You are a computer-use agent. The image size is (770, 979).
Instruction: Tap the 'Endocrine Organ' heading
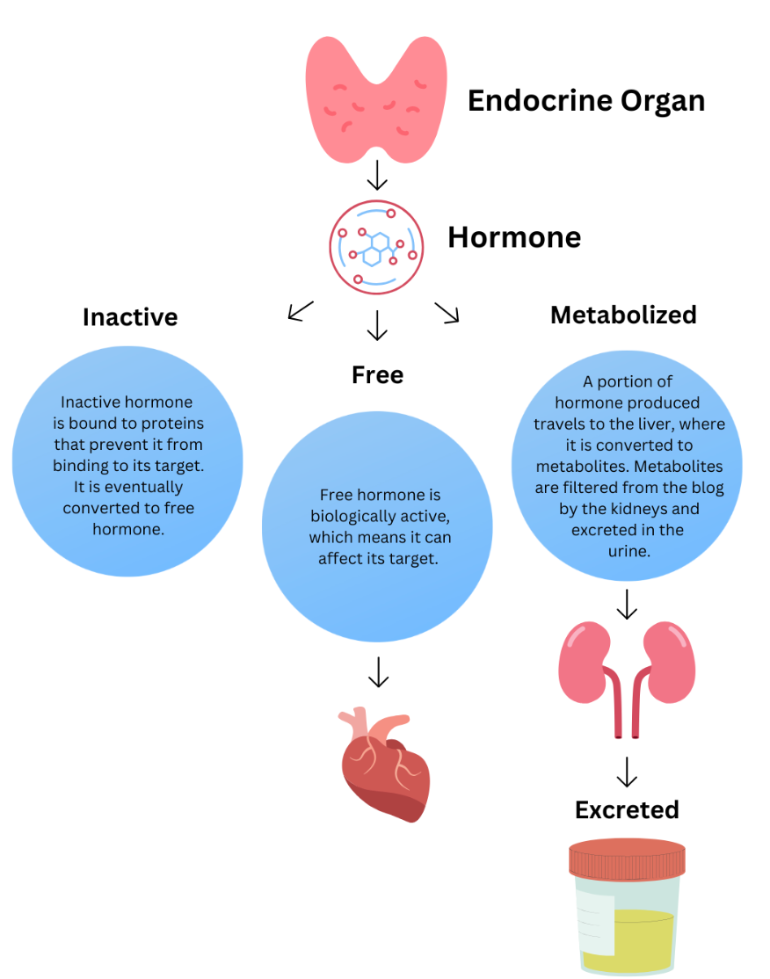(x=585, y=100)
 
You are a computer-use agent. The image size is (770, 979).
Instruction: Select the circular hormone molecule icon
(x=376, y=247)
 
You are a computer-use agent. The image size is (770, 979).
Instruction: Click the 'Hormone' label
(x=514, y=237)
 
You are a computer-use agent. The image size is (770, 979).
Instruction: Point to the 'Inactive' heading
(x=130, y=316)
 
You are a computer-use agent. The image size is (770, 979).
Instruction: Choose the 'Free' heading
(x=377, y=374)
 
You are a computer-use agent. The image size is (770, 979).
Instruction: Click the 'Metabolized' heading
(x=623, y=315)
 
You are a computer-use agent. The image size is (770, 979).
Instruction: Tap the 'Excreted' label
(x=627, y=809)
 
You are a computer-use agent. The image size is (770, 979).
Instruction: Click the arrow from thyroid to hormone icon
(x=377, y=176)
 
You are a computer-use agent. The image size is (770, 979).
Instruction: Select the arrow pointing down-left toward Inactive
(x=301, y=310)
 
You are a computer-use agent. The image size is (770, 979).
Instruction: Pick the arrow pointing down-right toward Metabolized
(x=447, y=312)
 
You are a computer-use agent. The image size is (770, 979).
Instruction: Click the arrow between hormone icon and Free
(x=377, y=325)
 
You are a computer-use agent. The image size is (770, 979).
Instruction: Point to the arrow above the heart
(x=378, y=672)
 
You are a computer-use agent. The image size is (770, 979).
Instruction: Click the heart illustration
(x=384, y=764)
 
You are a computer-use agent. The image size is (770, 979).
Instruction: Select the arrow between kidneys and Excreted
(x=627, y=772)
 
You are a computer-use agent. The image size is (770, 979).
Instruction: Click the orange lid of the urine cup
(x=627, y=859)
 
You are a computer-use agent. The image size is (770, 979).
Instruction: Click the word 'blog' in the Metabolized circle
(x=708, y=488)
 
